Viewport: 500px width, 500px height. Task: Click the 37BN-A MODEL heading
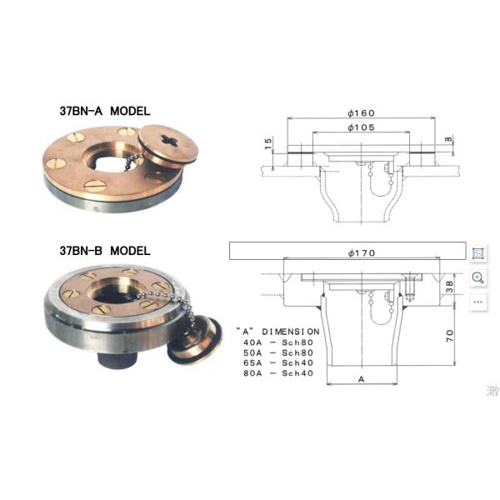tap(104, 109)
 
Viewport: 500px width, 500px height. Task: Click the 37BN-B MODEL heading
tap(104, 250)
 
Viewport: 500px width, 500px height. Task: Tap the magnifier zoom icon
tap(478, 277)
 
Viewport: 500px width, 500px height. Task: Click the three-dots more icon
tap(478, 301)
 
